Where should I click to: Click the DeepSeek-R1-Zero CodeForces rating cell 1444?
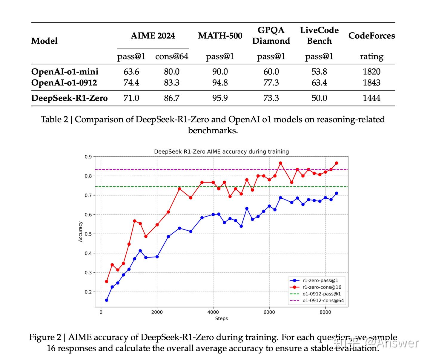coord(371,98)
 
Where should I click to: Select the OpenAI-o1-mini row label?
coord(65,72)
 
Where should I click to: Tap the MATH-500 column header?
coord(220,36)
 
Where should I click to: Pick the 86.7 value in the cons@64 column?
coord(172,98)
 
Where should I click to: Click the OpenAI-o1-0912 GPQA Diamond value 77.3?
coord(271,82)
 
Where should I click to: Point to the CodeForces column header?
coord(371,36)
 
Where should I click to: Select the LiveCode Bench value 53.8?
coord(319,72)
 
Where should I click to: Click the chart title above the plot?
coord(221,151)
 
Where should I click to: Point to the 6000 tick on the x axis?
coord(269,312)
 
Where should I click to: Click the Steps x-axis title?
coord(221,318)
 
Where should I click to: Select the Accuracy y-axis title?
coord(80,232)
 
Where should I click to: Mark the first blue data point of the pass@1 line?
coord(107,300)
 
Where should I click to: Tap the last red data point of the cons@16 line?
coord(337,163)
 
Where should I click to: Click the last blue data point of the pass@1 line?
coord(337,193)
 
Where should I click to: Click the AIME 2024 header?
coord(153,36)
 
